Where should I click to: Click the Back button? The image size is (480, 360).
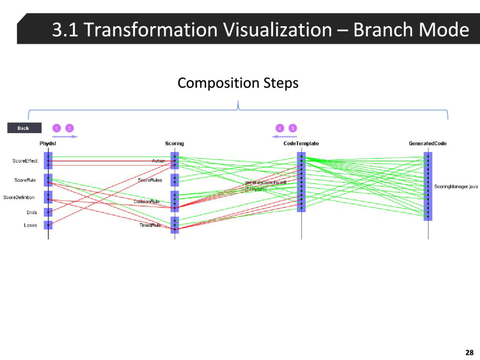tap(24, 128)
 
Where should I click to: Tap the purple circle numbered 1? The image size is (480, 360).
tap(56, 128)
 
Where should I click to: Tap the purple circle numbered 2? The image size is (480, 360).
tap(69, 128)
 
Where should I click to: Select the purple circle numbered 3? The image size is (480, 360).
tap(292, 128)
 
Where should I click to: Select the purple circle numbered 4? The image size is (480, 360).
tap(279, 128)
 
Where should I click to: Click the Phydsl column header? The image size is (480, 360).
tap(48, 143)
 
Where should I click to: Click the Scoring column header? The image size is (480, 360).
tap(174, 143)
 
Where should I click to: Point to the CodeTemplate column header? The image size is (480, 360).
tap(301, 143)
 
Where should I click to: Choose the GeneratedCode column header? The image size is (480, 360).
tap(427, 143)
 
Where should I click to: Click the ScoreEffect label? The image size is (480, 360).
tap(25, 161)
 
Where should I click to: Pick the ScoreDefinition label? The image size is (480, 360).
tap(19, 197)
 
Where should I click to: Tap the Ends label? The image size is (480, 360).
tap(31, 212)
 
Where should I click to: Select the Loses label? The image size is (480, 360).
tap(30, 225)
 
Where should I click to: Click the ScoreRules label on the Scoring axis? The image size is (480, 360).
tap(150, 180)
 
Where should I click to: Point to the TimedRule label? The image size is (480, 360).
tap(150, 225)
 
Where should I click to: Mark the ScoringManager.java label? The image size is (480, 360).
tap(456, 187)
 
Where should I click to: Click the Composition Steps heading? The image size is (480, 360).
tap(238, 83)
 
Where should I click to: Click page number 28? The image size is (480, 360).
tap(469, 352)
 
